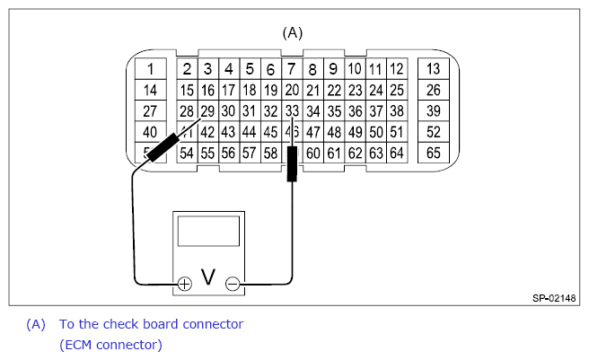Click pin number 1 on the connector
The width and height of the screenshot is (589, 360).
tap(151, 69)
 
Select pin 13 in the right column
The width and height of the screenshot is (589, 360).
tap(433, 69)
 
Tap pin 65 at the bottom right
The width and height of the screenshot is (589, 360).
tap(433, 154)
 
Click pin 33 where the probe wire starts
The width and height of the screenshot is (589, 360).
tap(292, 111)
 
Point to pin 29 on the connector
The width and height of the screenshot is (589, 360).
tap(207, 111)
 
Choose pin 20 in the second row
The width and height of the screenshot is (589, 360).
tap(292, 90)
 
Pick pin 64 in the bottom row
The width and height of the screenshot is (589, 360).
tap(397, 154)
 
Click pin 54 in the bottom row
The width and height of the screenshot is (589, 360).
tap(187, 154)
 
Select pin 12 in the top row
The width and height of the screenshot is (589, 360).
tap(397, 69)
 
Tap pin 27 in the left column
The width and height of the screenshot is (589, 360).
tap(151, 111)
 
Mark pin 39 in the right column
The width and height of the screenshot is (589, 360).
tap(433, 111)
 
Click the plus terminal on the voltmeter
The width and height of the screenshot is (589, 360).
tap(184, 285)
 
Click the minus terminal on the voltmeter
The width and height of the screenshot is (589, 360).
tap(233, 285)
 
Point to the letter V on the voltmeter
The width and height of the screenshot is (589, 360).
tap(208, 278)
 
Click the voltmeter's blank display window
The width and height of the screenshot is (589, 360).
tap(208, 232)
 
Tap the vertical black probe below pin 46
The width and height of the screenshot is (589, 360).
tap(292, 164)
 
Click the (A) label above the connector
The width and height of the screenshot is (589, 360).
tap(293, 32)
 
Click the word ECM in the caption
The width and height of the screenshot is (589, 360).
tap(76, 344)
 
